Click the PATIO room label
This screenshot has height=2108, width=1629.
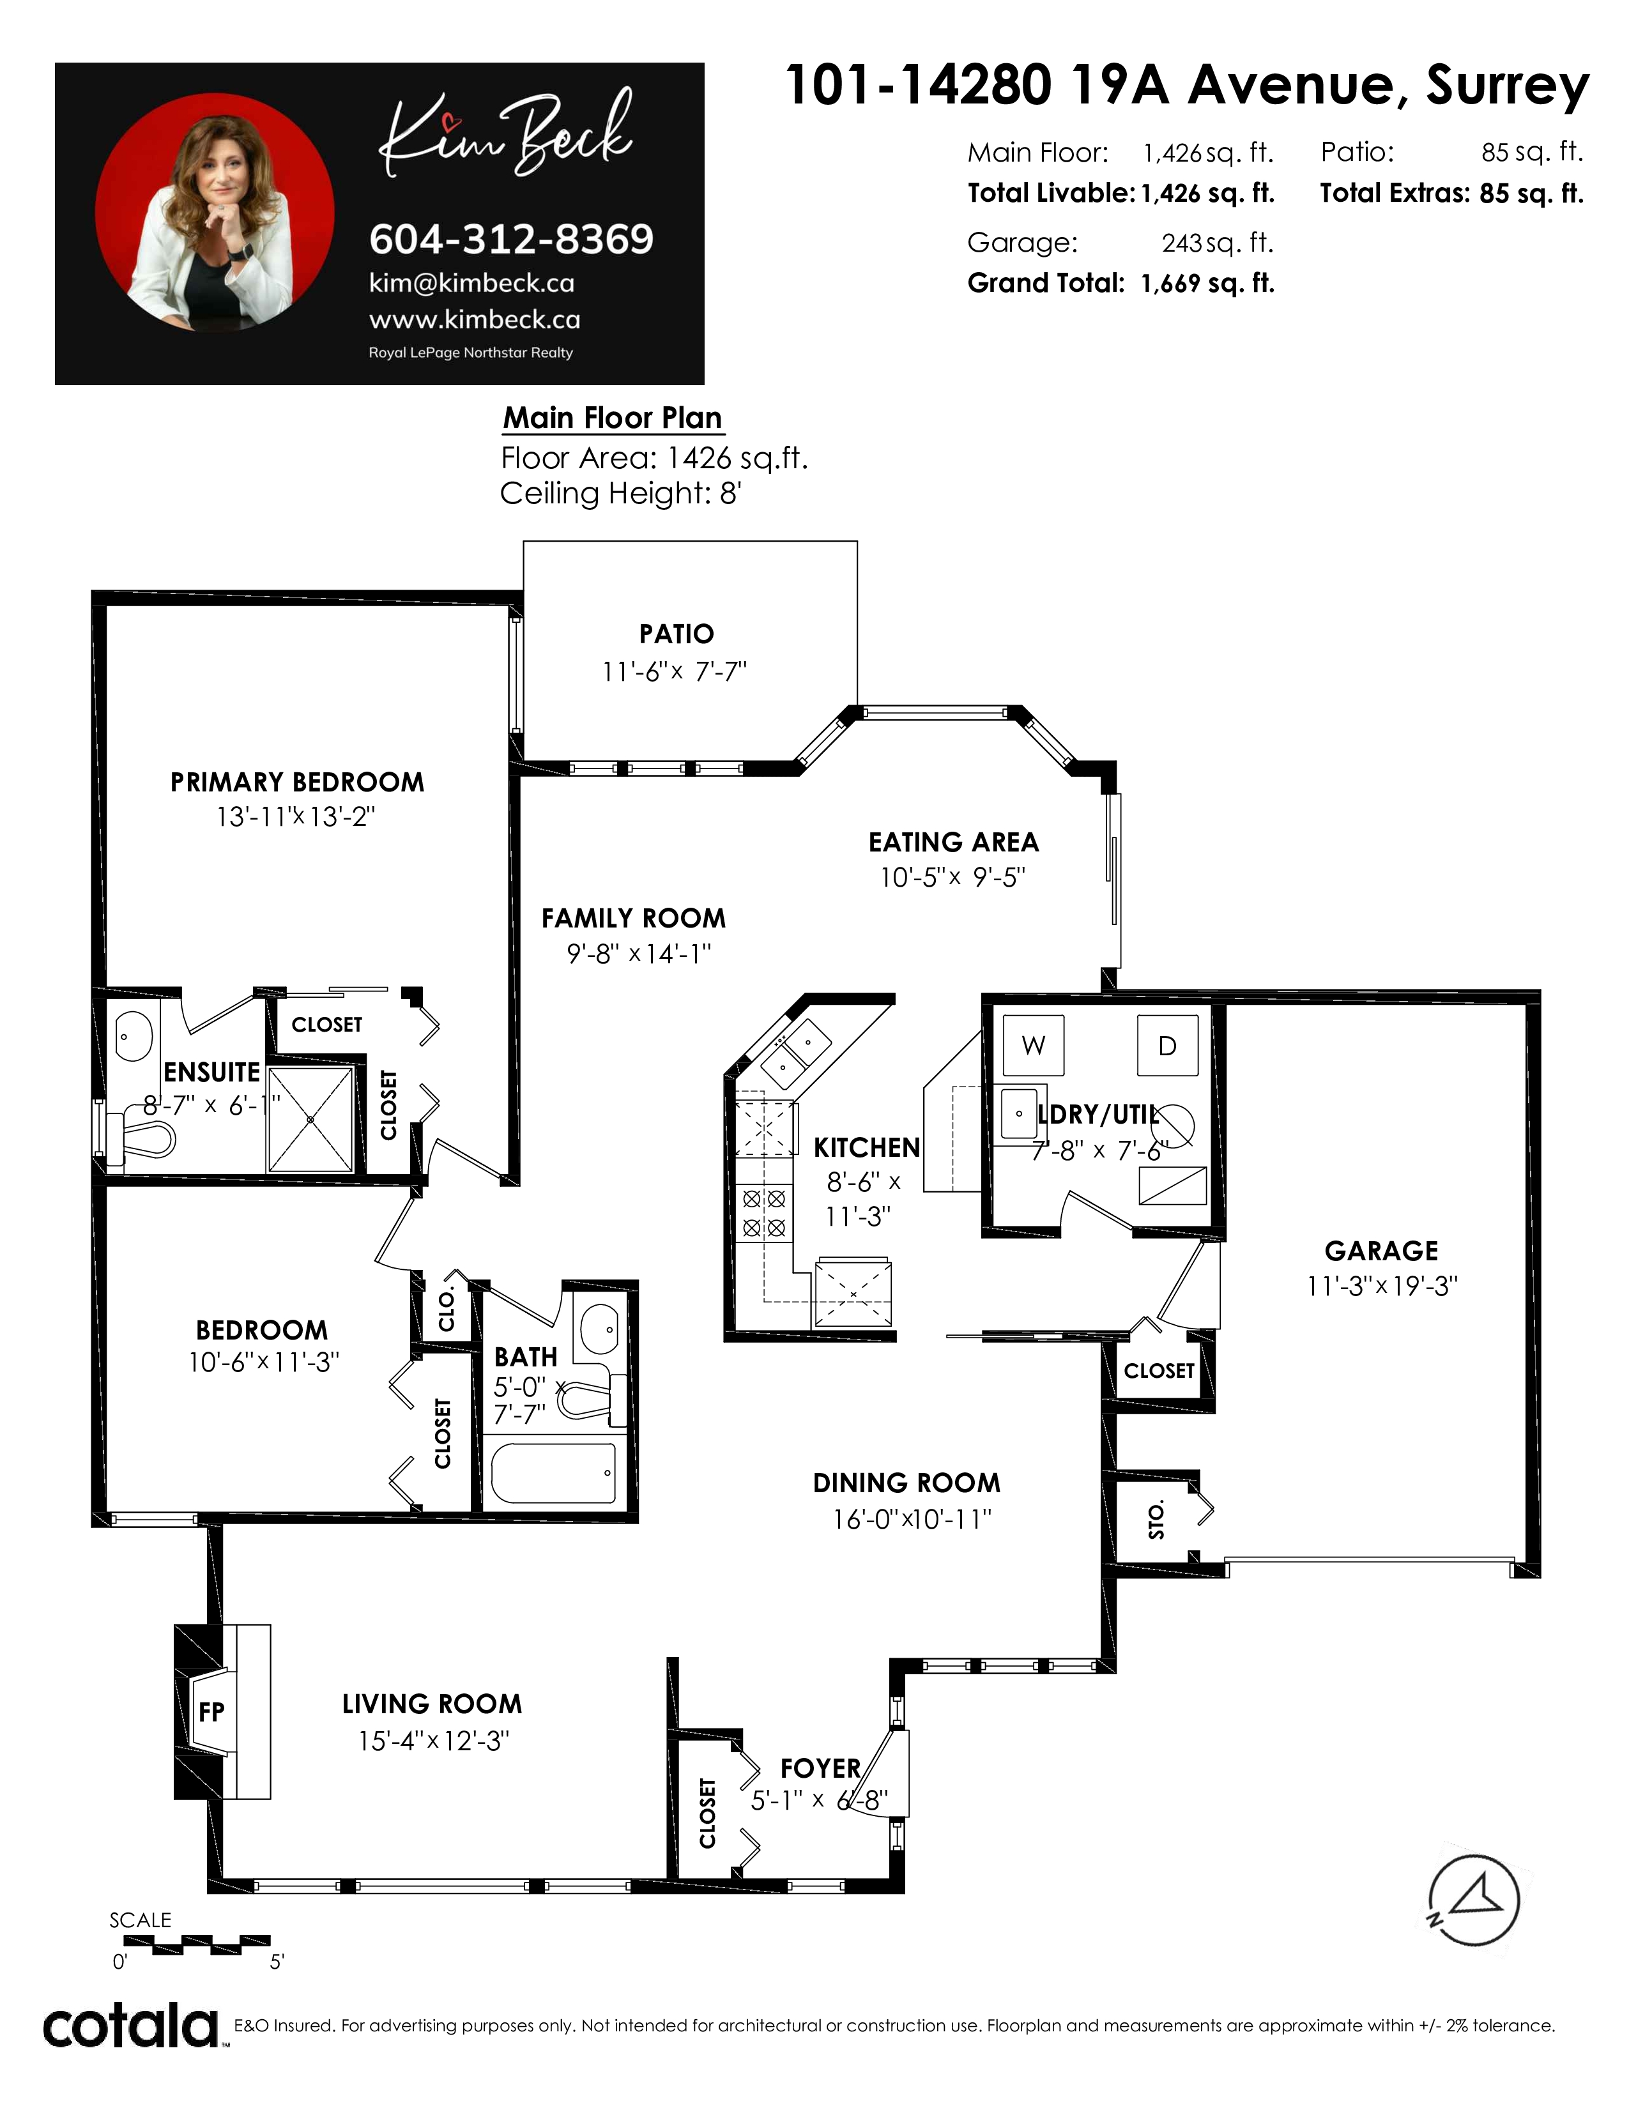click(x=677, y=634)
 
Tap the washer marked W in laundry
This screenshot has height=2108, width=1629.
click(x=1034, y=1044)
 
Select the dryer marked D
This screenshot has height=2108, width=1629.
click(x=1168, y=1044)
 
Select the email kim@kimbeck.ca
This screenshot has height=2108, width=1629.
click(x=472, y=283)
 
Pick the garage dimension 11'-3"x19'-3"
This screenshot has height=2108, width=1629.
click(x=1382, y=1286)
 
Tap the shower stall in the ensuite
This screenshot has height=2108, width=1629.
click(x=310, y=1119)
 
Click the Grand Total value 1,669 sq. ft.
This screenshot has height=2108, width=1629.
click(x=1207, y=283)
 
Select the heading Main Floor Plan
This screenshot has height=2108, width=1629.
click(x=613, y=418)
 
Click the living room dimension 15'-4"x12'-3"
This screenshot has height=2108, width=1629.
click(x=433, y=1740)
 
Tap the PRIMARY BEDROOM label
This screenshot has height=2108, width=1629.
click(x=297, y=782)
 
